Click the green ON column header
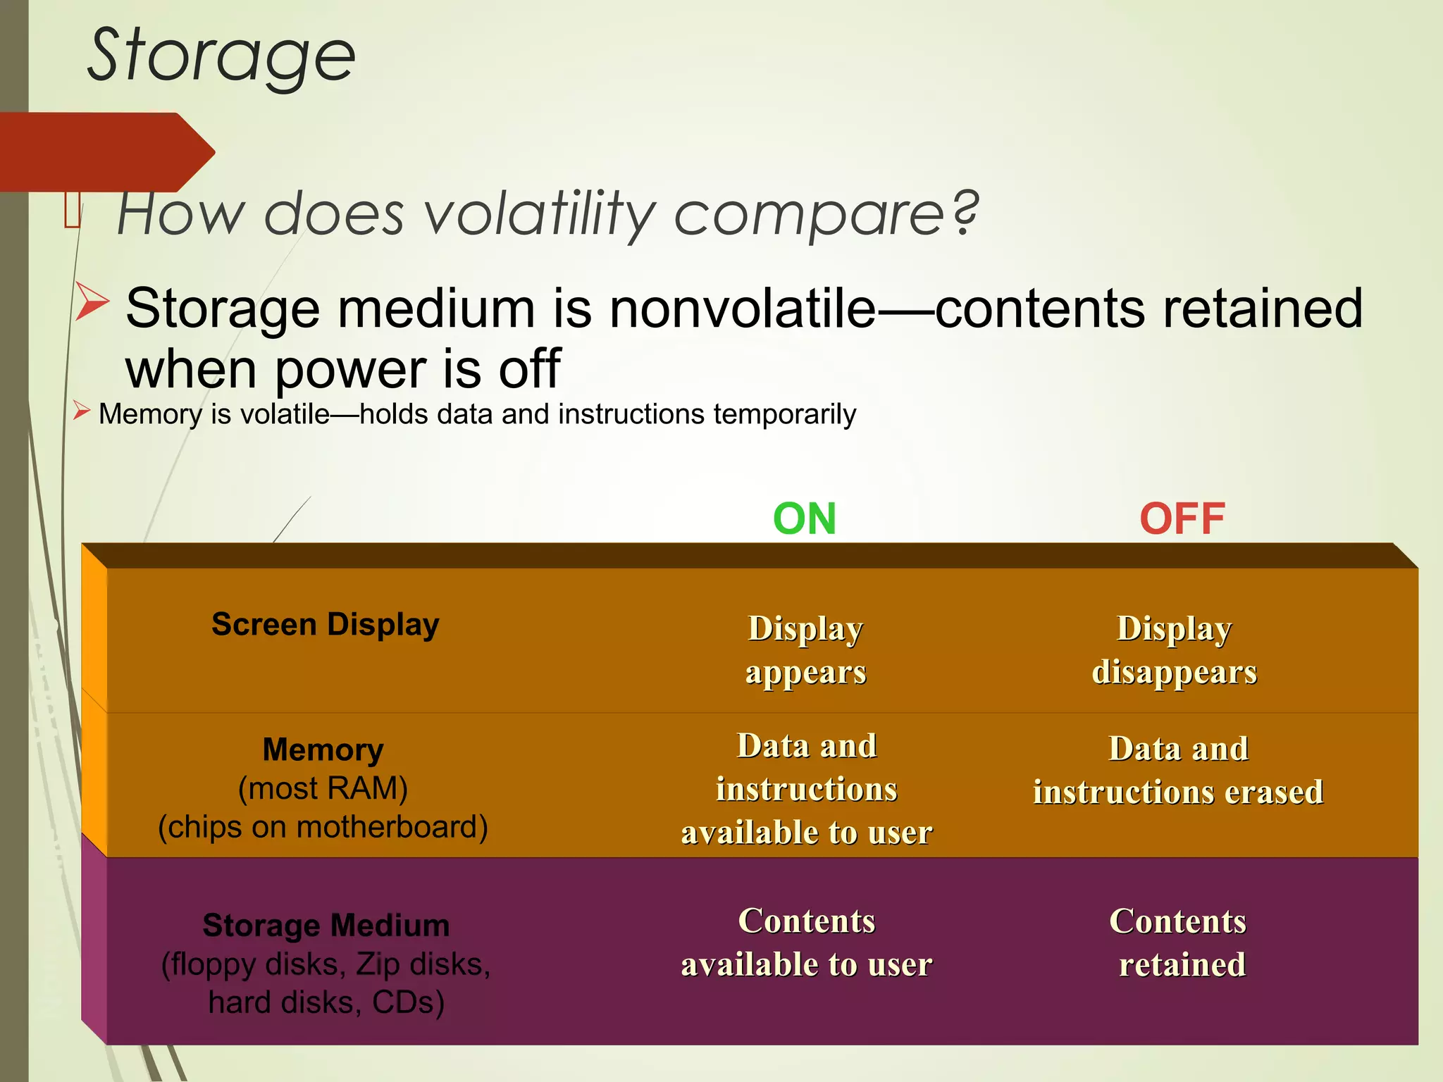pos(804,519)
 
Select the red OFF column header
pos(1182,519)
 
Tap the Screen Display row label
pos(325,625)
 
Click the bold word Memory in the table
pos(323,750)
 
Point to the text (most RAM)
pos(323,788)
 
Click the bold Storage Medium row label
pos(326,926)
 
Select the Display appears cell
pos(805,649)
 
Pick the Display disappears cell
pos(1174,649)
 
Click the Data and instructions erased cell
pos(1178,770)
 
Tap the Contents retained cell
pos(1179,943)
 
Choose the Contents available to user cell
pos(806,943)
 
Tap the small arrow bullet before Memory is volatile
pos(81,411)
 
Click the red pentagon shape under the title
pos(106,151)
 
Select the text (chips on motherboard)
pos(323,827)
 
